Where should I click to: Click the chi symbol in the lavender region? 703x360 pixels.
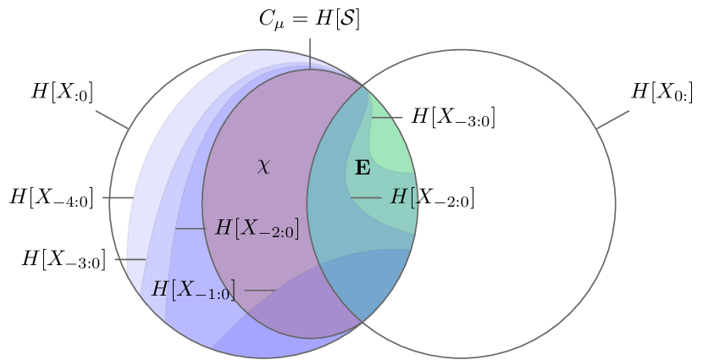pyautogui.click(x=263, y=167)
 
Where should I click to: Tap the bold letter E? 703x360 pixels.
pyautogui.click(x=363, y=168)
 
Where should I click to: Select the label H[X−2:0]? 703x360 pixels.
pyautogui.click(x=257, y=228)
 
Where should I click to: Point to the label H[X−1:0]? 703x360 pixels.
pyautogui.click(x=192, y=290)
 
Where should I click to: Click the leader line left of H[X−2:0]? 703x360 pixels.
pyautogui.click(x=190, y=229)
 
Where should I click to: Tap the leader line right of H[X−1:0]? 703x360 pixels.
pyautogui.click(x=260, y=291)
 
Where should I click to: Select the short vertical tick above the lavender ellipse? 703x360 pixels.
pyautogui.click(x=309, y=53)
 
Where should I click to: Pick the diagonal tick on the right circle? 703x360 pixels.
pyautogui.click(x=612, y=119)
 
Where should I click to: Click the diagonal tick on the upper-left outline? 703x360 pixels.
pyautogui.click(x=112, y=119)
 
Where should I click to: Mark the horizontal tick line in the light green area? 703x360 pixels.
pyautogui.click(x=387, y=118)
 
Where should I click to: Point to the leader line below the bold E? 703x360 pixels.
pyautogui.click(x=366, y=198)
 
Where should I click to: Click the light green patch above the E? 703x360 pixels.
pyautogui.click(x=391, y=140)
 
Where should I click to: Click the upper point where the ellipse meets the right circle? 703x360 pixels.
pyautogui.click(x=364, y=86)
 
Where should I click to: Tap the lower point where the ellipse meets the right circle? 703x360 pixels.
pyautogui.click(x=363, y=321)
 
